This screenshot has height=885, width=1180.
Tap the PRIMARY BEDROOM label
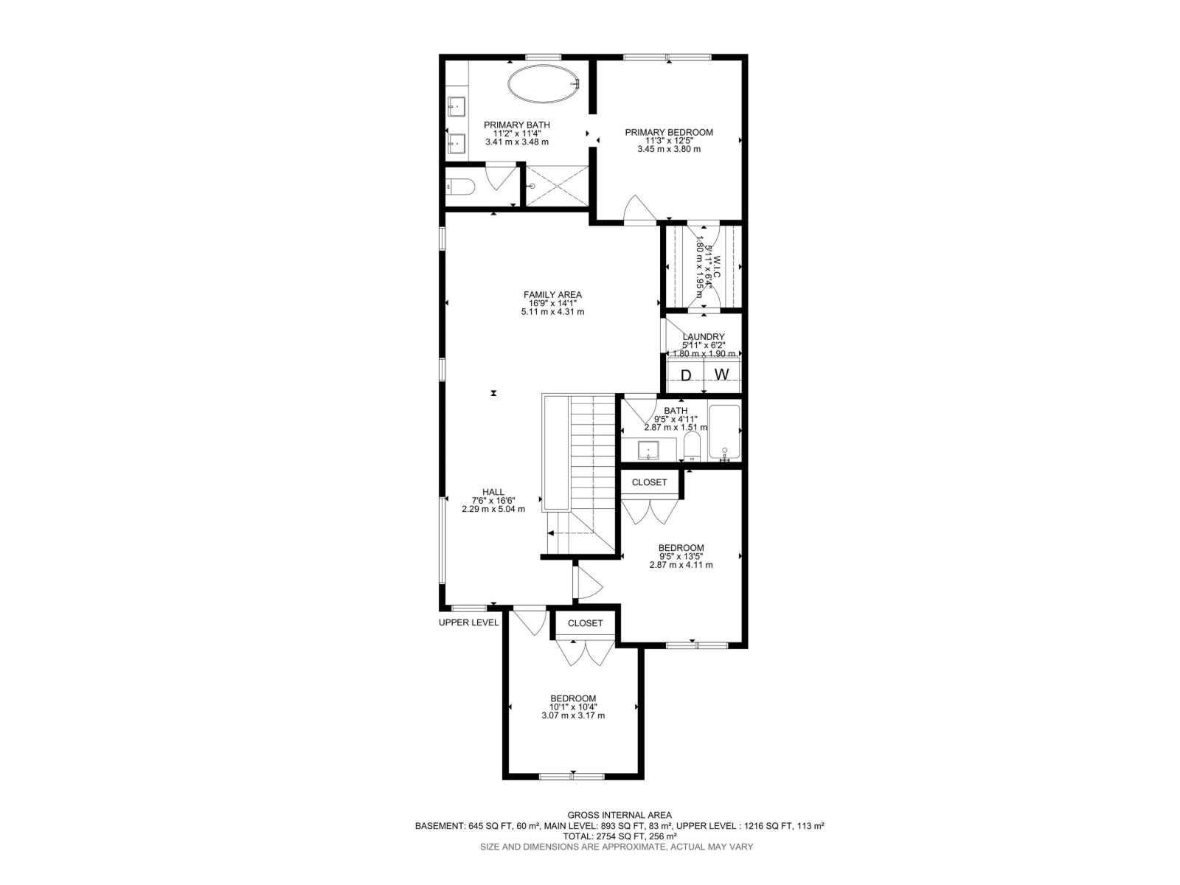click(x=669, y=133)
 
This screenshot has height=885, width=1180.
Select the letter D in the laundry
click(x=686, y=375)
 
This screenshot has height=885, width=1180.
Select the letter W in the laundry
click(x=721, y=375)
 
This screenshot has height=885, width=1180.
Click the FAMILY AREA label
click(x=552, y=295)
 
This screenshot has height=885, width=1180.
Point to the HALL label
click(x=493, y=492)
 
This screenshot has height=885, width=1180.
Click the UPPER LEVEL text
click(x=469, y=622)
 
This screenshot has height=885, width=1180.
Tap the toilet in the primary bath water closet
click(x=459, y=188)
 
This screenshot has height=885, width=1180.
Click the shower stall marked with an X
click(x=557, y=186)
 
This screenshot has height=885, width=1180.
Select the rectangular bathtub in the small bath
click(x=723, y=433)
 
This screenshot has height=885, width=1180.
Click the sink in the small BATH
click(x=648, y=448)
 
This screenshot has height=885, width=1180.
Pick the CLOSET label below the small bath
click(x=649, y=482)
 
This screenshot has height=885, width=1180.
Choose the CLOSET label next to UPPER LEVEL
click(x=585, y=623)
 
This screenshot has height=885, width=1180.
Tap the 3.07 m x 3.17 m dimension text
click(x=573, y=715)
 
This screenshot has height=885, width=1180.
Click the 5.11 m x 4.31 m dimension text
click(x=552, y=312)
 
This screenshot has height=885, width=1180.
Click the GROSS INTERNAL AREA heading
click(x=619, y=815)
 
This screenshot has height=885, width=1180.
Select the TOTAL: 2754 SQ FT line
click(x=619, y=836)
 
